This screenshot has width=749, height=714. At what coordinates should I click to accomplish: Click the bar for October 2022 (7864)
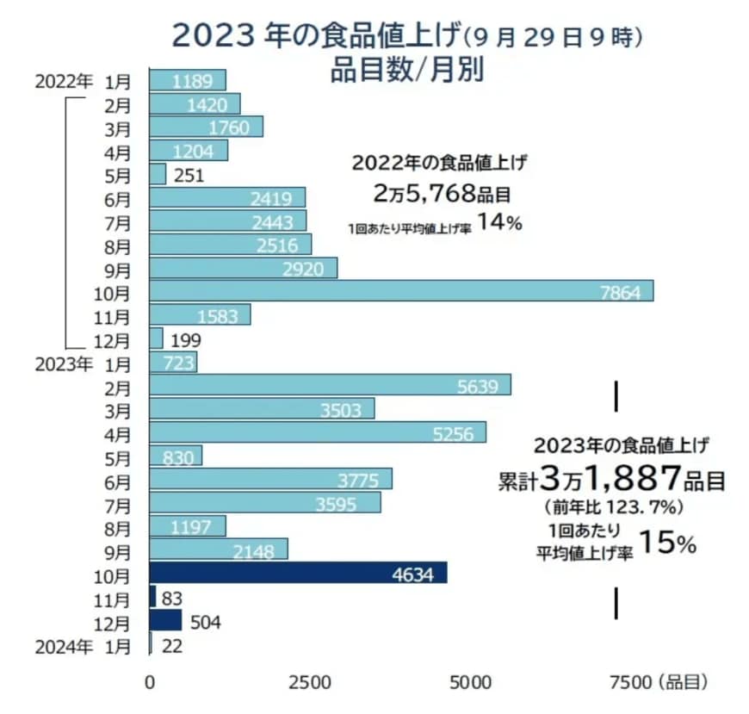click(x=401, y=291)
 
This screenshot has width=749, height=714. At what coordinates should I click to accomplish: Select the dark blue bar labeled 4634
click(x=298, y=574)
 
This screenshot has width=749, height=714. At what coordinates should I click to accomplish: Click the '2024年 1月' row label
click(x=84, y=644)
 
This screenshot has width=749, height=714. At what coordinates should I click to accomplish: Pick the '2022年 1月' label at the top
click(x=84, y=82)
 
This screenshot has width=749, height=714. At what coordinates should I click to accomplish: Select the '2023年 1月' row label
click(x=84, y=363)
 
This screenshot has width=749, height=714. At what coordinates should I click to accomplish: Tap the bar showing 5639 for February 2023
click(x=330, y=385)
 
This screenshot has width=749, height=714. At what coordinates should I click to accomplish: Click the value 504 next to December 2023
click(x=205, y=622)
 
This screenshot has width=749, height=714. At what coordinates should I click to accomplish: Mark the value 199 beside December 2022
click(x=187, y=338)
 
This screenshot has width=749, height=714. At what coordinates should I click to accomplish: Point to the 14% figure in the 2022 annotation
click(x=500, y=222)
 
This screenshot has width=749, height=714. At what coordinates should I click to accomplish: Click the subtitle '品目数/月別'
click(x=406, y=69)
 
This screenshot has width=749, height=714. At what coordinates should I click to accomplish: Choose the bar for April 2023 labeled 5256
click(x=318, y=432)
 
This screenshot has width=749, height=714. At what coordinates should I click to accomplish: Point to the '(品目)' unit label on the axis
click(x=685, y=682)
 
